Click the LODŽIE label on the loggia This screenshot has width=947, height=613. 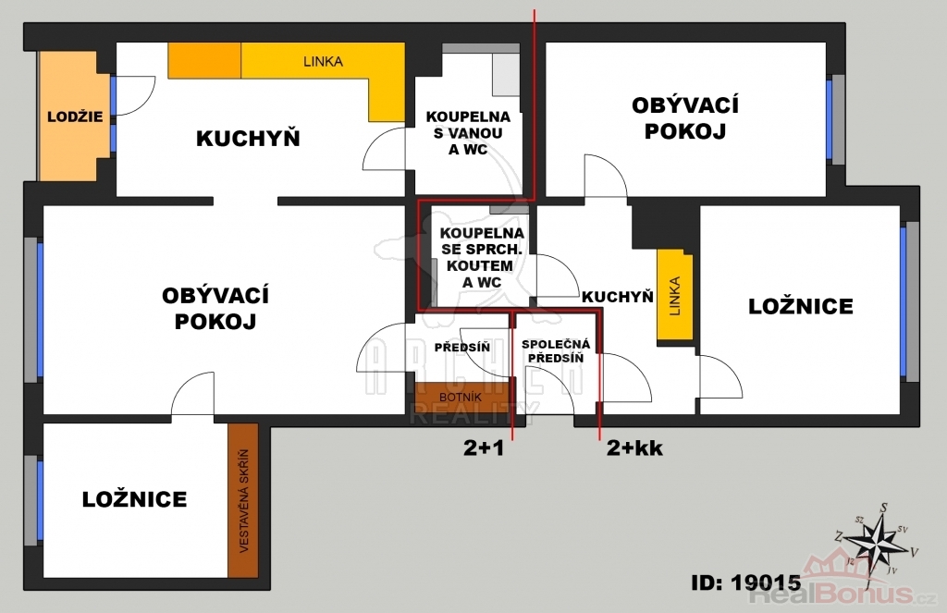[75, 116]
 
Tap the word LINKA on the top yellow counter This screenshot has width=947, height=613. [323, 61]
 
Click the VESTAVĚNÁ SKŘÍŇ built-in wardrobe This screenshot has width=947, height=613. [243, 500]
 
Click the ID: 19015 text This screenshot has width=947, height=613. [746, 582]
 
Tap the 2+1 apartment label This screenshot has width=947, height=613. [483, 448]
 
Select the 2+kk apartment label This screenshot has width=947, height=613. [634, 448]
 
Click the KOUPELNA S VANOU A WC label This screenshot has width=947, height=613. [468, 133]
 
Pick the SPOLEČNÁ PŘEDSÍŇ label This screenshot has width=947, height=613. [556, 351]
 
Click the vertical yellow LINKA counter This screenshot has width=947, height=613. [674, 295]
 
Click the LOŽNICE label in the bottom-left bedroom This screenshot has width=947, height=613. [135, 499]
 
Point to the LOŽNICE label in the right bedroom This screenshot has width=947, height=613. [801, 306]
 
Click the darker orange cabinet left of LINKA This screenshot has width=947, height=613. [204, 60]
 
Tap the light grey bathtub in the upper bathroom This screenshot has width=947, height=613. [506, 75]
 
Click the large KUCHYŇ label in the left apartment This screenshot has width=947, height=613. [248, 139]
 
